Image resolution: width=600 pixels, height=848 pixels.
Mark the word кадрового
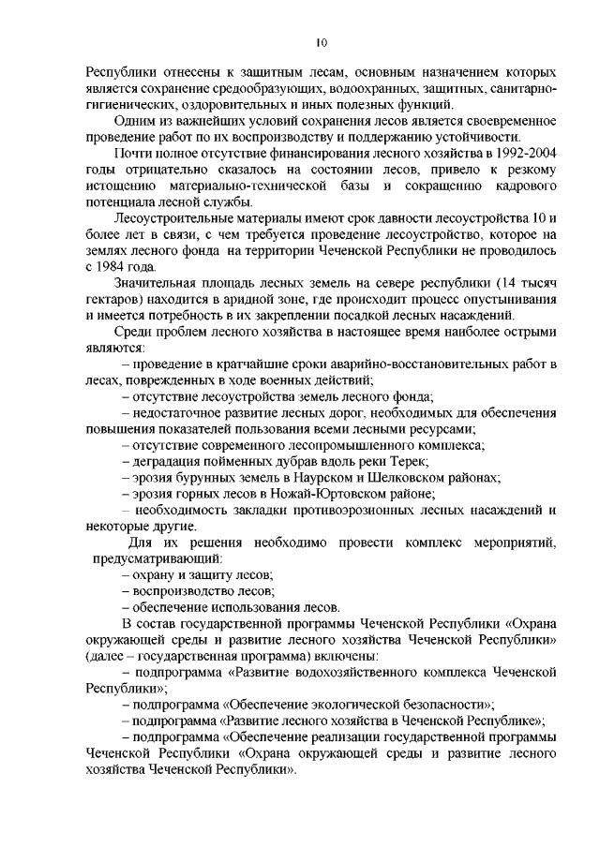pos(522,186)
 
